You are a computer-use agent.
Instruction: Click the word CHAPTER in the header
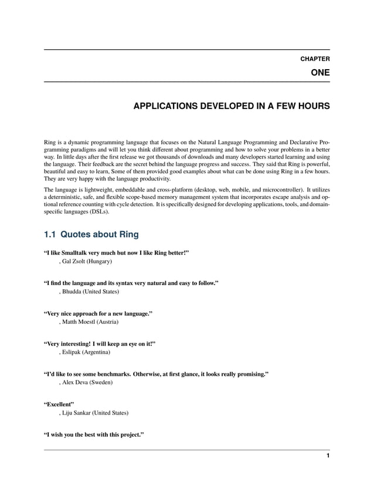(315, 59)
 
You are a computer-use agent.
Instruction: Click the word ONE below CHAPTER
(320, 73)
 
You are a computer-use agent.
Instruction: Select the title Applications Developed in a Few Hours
(232, 107)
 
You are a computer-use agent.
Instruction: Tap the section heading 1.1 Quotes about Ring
(91, 235)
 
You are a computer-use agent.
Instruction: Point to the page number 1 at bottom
(328, 456)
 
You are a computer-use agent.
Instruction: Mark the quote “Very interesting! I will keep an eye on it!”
(100, 343)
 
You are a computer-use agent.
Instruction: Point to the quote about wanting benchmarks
(157, 374)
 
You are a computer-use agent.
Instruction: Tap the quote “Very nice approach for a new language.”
(98, 313)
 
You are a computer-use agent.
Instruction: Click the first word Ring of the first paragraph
(51, 142)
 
